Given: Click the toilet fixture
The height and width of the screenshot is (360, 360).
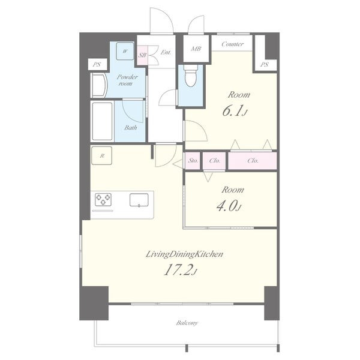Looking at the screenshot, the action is [x=190, y=76].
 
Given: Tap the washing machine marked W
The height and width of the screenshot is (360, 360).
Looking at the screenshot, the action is [x=125, y=51].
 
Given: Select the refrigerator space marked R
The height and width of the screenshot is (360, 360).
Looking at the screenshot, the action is [x=102, y=155].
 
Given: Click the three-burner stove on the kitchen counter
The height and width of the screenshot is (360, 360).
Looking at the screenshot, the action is [x=103, y=199].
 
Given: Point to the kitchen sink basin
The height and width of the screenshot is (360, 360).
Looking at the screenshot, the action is [x=139, y=200].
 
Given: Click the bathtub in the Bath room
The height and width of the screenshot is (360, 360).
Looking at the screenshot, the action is [x=102, y=121].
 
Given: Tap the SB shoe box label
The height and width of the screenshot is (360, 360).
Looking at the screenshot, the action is [x=142, y=55].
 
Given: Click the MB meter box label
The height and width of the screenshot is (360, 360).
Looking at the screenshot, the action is [x=196, y=49].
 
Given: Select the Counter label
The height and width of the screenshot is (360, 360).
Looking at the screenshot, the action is [x=232, y=44].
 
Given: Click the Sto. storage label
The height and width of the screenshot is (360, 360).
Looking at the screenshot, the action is [x=193, y=161].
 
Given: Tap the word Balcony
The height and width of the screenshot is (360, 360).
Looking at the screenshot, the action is [x=187, y=323].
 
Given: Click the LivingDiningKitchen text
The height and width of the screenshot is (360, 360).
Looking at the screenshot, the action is [x=184, y=254].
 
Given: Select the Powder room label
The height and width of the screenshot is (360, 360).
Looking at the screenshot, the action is [x=127, y=80].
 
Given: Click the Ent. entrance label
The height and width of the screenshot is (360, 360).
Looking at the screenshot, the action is [x=166, y=53].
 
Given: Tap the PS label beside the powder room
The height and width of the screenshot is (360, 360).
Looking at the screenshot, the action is [x=97, y=65].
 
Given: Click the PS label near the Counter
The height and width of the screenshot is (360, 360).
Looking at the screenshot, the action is [x=264, y=65].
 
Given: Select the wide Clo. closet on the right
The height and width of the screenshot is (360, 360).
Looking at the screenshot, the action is [x=253, y=161].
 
